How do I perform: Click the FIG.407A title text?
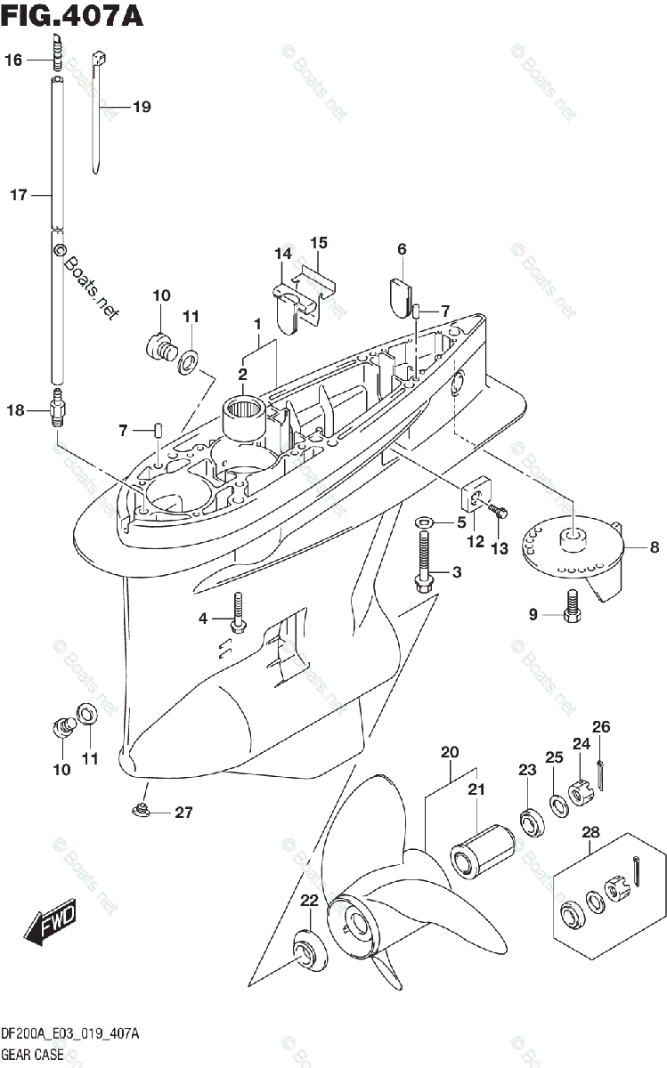tap(71, 17)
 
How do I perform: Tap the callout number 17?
tap(19, 195)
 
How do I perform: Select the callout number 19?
tap(141, 107)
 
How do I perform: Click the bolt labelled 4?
tap(237, 613)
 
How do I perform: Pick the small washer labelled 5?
tap(424, 522)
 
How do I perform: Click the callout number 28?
tap(590, 832)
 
